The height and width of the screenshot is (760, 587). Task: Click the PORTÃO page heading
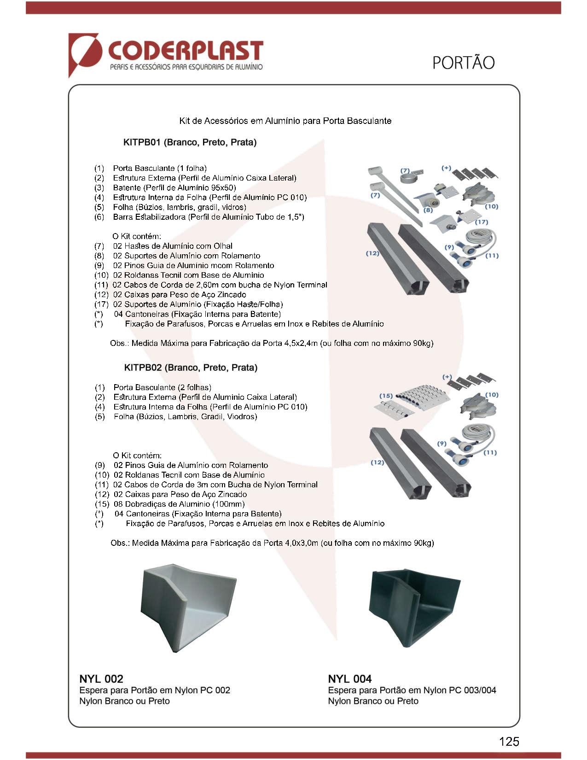pos(463,63)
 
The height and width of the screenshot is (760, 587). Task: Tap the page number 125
pos(509,741)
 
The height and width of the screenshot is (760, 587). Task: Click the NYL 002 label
pos(101,678)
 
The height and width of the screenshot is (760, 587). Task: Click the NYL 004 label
pos(349,678)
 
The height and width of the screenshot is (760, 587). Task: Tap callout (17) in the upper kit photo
pos(481,222)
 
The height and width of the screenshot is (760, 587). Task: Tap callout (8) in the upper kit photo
pos(428,210)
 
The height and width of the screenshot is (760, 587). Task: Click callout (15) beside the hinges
pos(386,396)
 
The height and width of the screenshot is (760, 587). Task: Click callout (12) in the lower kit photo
pos(377,462)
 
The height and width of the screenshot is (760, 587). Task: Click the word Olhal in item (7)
pos(223,246)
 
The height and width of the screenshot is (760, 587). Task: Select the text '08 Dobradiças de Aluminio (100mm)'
pos(179,504)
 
